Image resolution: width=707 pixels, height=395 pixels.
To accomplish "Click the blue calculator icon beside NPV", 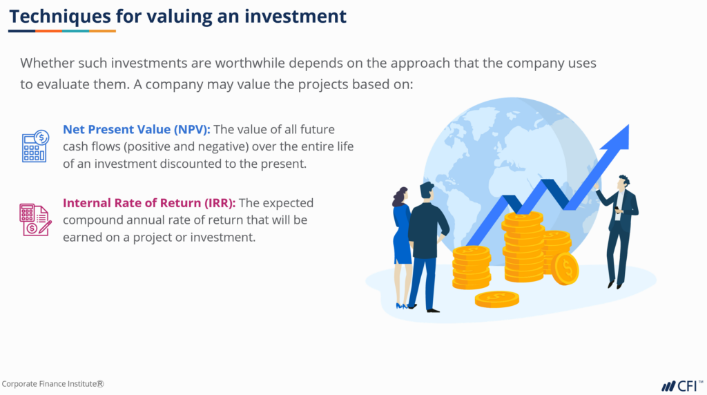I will [x=35, y=146].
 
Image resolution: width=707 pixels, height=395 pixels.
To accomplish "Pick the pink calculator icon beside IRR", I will [x=35, y=220].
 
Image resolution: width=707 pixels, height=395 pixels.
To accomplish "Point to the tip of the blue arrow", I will [x=625, y=129].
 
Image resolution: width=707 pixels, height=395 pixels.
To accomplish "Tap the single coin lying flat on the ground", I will [x=496, y=298].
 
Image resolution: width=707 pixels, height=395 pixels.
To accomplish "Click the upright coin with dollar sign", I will [x=565, y=268].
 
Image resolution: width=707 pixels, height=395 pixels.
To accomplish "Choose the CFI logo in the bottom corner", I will [x=682, y=385].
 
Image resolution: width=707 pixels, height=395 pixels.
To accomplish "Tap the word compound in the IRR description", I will [x=93, y=220].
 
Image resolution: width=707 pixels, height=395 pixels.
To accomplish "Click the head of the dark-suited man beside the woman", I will [x=427, y=191].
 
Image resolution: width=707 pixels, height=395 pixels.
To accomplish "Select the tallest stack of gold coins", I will [x=523, y=245].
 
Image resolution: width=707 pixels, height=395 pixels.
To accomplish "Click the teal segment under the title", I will [x=75, y=31].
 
